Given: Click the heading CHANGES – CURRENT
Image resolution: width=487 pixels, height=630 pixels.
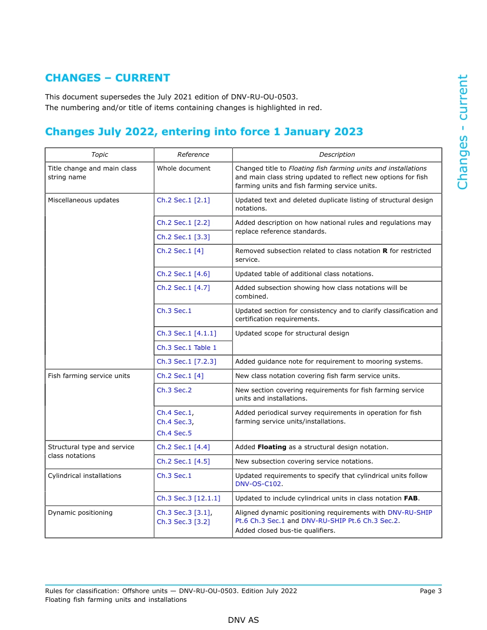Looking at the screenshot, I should [107, 78].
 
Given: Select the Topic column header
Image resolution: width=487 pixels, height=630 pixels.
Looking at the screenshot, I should [99, 155].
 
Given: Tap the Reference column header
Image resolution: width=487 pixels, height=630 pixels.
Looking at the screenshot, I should [193, 155].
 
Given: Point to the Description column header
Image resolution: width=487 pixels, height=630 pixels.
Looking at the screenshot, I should [337, 155].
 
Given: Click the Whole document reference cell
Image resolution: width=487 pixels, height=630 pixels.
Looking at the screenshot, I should [184, 169].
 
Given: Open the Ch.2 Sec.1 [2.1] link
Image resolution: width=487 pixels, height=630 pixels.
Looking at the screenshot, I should [183, 200].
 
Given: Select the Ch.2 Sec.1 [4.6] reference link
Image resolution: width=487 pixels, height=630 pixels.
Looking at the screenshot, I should [183, 274].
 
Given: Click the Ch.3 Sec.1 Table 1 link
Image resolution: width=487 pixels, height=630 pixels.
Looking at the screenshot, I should [187, 348].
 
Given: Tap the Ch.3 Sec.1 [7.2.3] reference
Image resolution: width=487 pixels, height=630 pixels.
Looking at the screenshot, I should [187, 362].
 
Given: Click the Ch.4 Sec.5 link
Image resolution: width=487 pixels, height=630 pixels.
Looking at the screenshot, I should [174, 433].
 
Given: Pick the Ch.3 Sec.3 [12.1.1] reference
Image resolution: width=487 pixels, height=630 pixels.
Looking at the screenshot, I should [188, 498].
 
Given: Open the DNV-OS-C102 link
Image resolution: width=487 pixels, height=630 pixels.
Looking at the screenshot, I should [258, 484].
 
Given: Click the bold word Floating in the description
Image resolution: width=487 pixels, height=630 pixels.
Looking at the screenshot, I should [272, 447].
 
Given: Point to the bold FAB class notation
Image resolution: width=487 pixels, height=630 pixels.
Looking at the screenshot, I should [411, 498].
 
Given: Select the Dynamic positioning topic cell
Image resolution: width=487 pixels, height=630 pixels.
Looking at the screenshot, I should [80, 513].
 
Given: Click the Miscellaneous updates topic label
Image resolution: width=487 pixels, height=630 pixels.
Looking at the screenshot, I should [84, 200].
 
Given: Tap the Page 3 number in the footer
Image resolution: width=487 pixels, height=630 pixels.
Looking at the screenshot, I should [431, 591].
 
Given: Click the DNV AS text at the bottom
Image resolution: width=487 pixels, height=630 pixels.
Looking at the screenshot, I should [243, 620].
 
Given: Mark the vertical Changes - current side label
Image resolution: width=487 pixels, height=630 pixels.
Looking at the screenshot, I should [462, 132].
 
